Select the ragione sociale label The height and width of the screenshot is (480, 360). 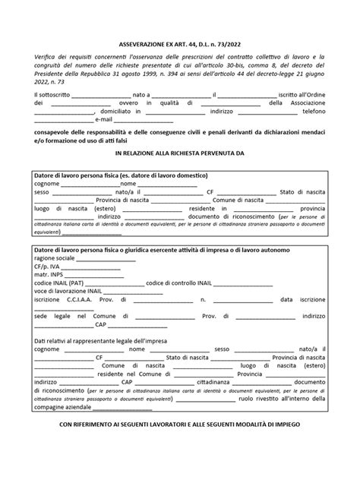point(55,258)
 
